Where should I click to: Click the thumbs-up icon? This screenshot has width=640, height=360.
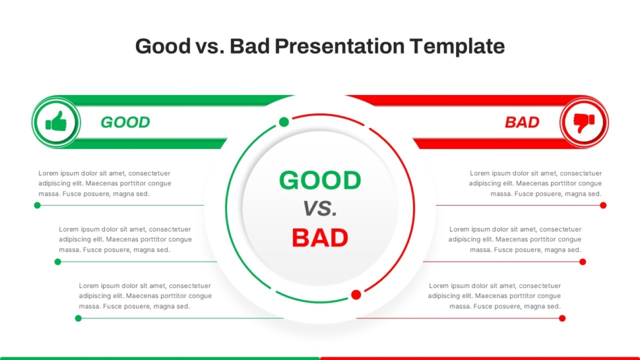point(56,121)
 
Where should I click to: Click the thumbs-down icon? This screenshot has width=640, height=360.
point(584,123)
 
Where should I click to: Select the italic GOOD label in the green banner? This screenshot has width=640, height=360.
point(125,122)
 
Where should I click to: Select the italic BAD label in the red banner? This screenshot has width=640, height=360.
point(522,122)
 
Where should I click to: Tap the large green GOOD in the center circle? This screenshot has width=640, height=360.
point(320,180)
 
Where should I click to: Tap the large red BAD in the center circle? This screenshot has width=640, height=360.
point(320,238)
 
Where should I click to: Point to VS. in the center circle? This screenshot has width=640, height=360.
point(320,209)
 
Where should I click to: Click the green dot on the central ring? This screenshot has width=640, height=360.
point(284,122)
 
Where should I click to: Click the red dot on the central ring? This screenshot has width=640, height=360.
point(356,295)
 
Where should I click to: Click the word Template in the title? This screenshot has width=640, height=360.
point(457,46)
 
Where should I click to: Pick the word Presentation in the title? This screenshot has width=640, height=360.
point(340,46)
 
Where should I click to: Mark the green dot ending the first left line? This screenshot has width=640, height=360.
point(37,205)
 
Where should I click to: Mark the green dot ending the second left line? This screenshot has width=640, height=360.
point(57,262)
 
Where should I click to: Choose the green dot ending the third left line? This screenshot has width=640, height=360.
point(78,318)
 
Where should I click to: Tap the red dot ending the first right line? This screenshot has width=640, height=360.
point(603,205)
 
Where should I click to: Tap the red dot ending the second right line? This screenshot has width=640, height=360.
point(583,262)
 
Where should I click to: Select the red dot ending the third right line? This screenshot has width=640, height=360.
point(563,318)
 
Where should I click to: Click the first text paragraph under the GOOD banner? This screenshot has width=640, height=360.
point(105,183)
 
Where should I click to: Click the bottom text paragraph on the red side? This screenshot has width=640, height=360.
point(494,296)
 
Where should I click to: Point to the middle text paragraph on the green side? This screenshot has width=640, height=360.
point(125,239)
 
